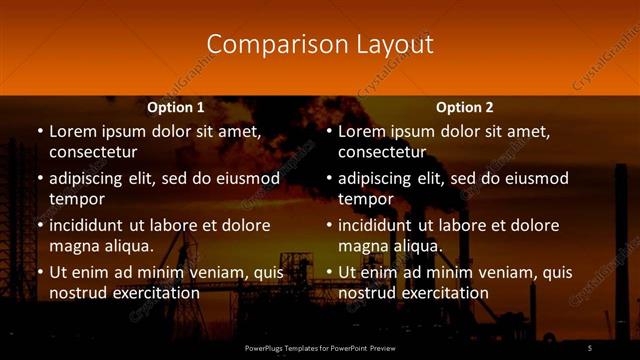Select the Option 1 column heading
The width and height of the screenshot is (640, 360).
point(176,107)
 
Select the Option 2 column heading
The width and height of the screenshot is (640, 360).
point(465,107)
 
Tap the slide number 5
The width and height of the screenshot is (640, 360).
point(589,347)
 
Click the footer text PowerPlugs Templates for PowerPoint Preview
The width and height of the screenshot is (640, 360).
point(320,347)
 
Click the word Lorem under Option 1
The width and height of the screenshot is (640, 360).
point(72,131)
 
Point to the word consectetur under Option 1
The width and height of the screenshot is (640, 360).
point(93,152)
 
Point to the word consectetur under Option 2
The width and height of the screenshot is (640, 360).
point(382,152)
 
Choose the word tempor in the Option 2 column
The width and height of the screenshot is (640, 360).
point(362,199)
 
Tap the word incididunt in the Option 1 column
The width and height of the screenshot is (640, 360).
point(92,225)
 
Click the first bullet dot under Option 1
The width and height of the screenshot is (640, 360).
point(39,131)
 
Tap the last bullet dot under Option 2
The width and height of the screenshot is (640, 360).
point(328,272)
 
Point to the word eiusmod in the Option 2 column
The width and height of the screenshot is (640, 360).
point(535,178)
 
